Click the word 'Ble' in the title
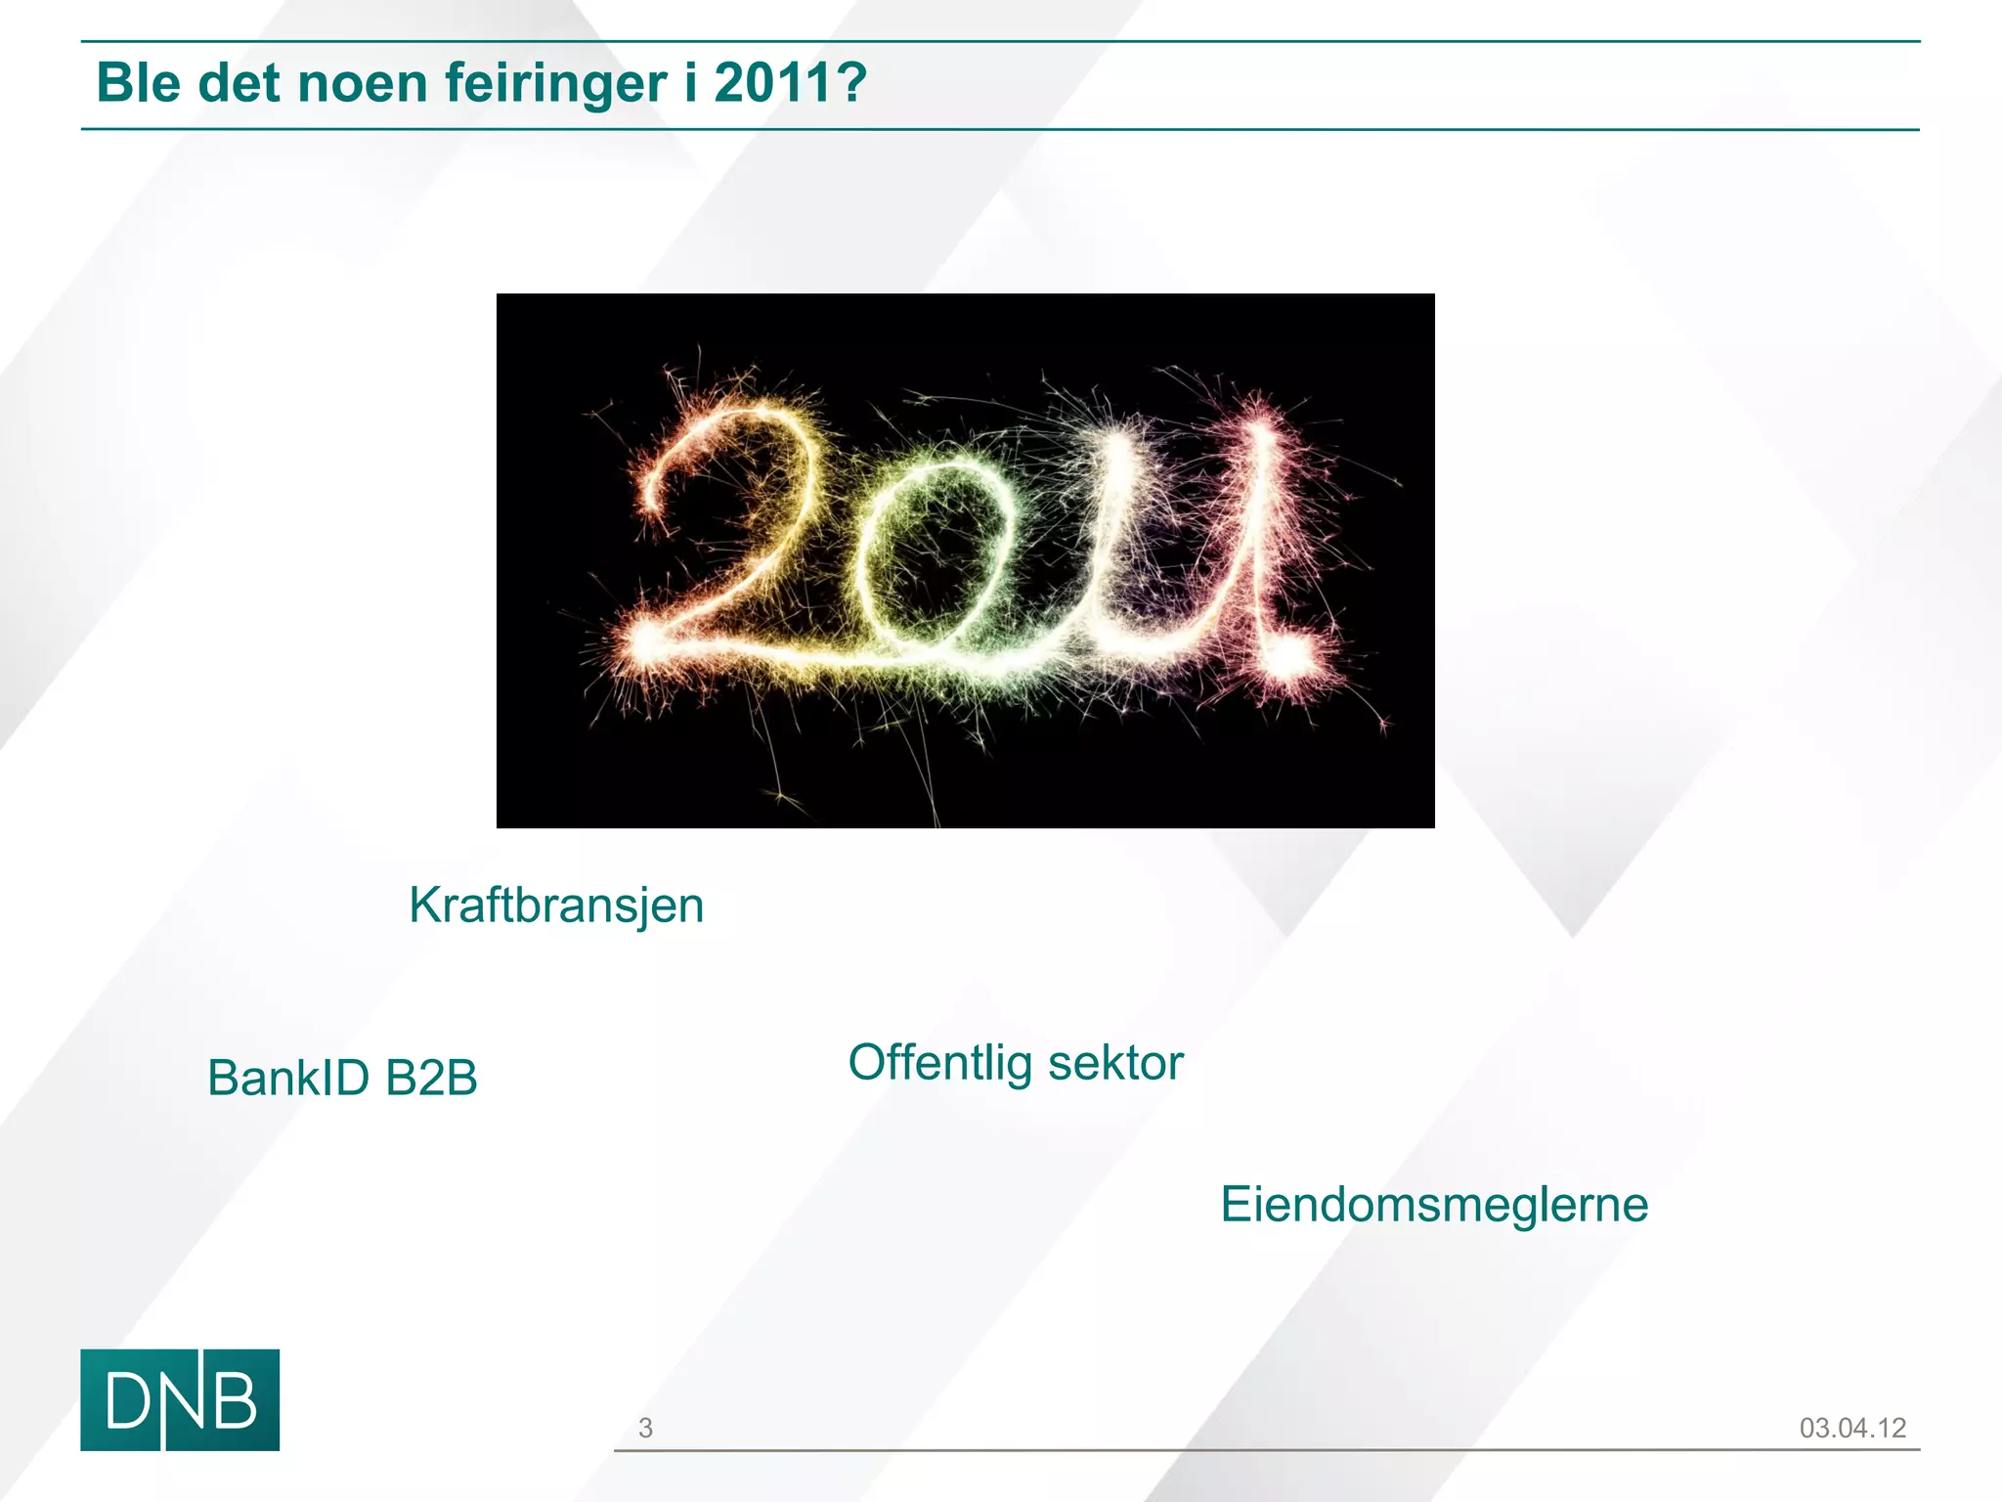click(139, 82)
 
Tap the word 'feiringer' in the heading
click(556, 84)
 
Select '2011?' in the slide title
click(790, 82)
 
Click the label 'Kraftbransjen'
click(556, 906)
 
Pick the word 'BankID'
click(288, 1078)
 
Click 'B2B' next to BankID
click(431, 1078)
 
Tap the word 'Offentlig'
click(939, 1063)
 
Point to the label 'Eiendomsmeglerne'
click(1434, 1204)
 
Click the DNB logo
click(180, 1399)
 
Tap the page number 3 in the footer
click(645, 1428)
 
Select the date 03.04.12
click(1852, 1428)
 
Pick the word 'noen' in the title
click(362, 82)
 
